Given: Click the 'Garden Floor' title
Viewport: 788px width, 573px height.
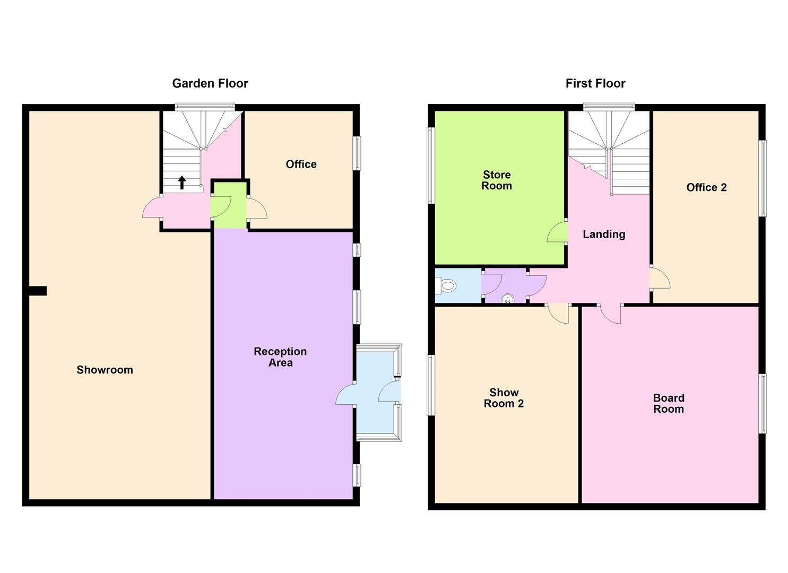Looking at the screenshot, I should pyautogui.click(x=210, y=83).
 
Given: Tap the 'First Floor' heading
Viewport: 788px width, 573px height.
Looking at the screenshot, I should pyautogui.click(x=595, y=83).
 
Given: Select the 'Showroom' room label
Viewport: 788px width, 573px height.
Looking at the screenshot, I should pyautogui.click(x=105, y=370).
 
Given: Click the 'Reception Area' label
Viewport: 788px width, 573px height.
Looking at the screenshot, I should pyautogui.click(x=280, y=357).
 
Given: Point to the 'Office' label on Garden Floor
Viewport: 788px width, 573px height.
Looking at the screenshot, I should pyautogui.click(x=301, y=164).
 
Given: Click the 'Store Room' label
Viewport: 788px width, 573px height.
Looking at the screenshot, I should pyautogui.click(x=497, y=180).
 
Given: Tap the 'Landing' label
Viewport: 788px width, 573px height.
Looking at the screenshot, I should pyautogui.click(x=604, y=235).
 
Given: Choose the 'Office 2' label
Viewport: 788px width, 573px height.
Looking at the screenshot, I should pyautogui.click(x=706, y=187).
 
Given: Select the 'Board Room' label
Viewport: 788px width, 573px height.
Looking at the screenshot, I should pyautogui.click(x=669, y=403).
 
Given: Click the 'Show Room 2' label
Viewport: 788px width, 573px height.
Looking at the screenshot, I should pyautogui.click(x=504, y=398).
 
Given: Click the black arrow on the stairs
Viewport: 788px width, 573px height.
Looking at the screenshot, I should pyautogui.click(x=182, y=183).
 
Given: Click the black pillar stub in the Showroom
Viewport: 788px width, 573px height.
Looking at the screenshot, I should pyautogui.click(x=38, y=291).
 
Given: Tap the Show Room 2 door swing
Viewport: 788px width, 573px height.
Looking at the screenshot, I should pyautogui.click(x=559, y=313).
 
